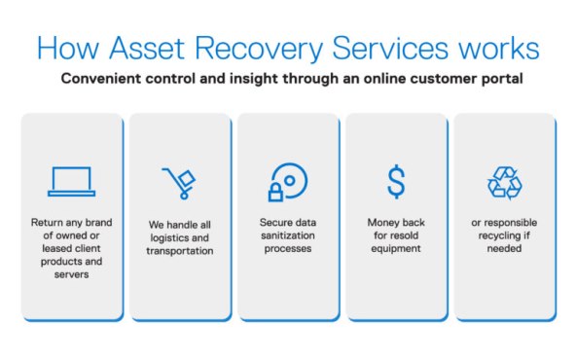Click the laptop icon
tap(71, 181)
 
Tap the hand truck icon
tap(179, 183)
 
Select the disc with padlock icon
tap(287, 182)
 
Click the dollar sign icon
tap(396, 182)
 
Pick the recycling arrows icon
tap(504, 182)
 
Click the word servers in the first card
tap(71, 275)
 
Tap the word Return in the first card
tap(49, 222)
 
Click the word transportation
tap(179, 250)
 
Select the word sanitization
tap(287, 235)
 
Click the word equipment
tap(396, 249)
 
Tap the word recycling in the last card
tap(504, 235)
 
